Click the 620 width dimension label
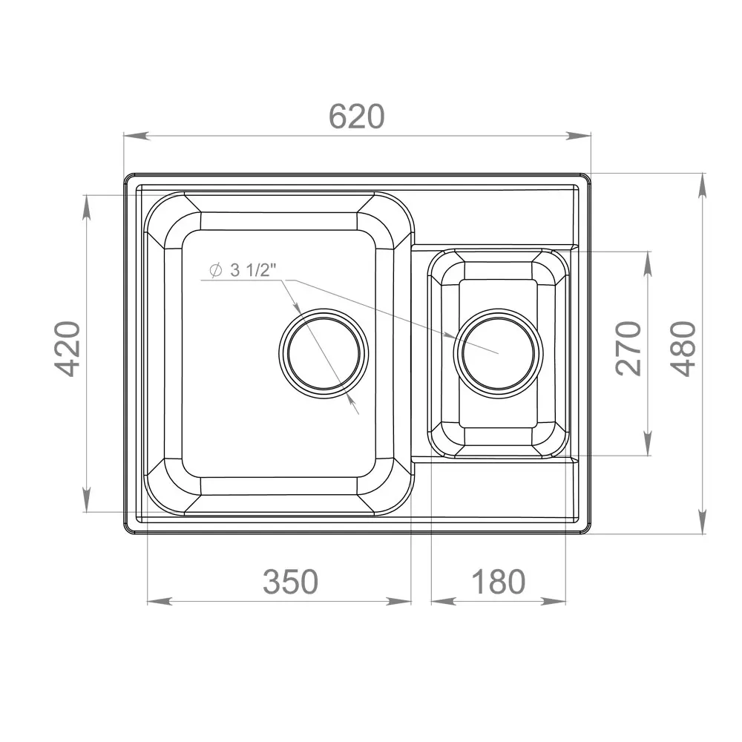(356, 116)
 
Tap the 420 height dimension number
(66, 349)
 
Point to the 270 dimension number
(628, 349)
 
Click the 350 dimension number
(291, 582)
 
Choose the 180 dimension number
(499, 582)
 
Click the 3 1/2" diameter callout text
(253, 270)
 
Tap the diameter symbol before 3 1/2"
(216, 270)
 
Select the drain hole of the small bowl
(499, 353)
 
